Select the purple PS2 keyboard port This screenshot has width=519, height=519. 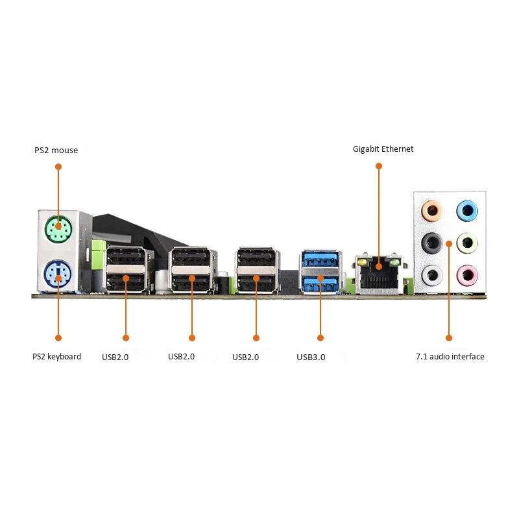[58, 274]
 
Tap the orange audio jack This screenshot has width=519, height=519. [432, 210]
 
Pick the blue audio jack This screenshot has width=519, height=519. [467, 210]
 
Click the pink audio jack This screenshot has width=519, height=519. [467, 275]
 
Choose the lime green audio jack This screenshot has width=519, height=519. [467, 243]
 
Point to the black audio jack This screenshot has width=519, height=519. [432, 243]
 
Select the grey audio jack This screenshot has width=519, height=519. [432, 275]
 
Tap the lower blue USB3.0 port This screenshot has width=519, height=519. [320, 284]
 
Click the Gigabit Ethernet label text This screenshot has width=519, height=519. [383, 149]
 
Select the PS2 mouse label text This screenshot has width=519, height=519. [56, 151]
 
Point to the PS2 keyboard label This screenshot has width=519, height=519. [56, 356]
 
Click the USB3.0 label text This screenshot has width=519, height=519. [311, 357]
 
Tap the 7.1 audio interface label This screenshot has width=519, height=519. [450, 356]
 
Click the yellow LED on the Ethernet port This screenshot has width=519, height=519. [362, 263]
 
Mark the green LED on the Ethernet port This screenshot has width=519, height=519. [395, 263]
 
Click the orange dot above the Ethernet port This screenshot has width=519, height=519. [379, 166]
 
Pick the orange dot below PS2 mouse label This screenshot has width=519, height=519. [58, 167]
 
